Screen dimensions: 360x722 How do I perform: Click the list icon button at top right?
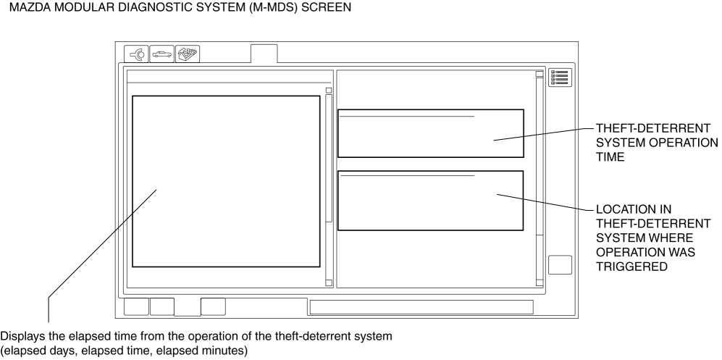559,78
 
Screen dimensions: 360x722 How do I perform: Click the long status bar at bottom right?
421,307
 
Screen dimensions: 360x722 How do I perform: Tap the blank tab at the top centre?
264,54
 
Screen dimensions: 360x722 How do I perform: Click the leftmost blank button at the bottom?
136,306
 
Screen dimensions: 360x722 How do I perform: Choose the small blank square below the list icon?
560,264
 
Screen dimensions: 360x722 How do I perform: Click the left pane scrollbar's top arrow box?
329,91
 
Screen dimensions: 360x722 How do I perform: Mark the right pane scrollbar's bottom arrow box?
539,282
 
